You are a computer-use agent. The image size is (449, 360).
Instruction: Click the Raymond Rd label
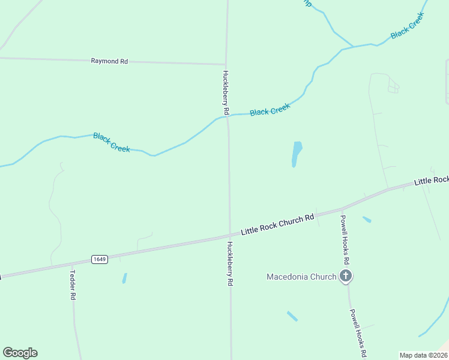tap(109, 61)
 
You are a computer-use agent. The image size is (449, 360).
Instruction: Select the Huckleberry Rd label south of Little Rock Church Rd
tap(229, 263)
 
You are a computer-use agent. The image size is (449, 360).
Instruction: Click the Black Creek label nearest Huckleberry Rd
tap(270, 110)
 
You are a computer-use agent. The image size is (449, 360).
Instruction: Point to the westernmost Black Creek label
tap(112, 143)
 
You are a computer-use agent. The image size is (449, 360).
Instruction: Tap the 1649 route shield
tap(100, 259)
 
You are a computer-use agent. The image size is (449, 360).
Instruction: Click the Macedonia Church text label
tap(301, 277)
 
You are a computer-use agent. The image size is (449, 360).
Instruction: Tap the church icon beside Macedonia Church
tap(345, 276)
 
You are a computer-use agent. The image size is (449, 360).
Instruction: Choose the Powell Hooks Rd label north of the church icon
tap(345, 239)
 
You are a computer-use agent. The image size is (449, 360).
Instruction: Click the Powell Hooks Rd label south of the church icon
tap(358, 334)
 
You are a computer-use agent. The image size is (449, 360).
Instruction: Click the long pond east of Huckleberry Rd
tap(297, 154)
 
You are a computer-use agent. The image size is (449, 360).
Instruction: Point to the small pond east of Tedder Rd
tap(124, 278)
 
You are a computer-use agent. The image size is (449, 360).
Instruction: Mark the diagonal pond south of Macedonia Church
tap(292, 316)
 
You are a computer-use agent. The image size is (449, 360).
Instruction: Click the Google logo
tap(20, 353)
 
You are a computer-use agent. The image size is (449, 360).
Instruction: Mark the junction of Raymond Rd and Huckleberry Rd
tap(226, 64)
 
